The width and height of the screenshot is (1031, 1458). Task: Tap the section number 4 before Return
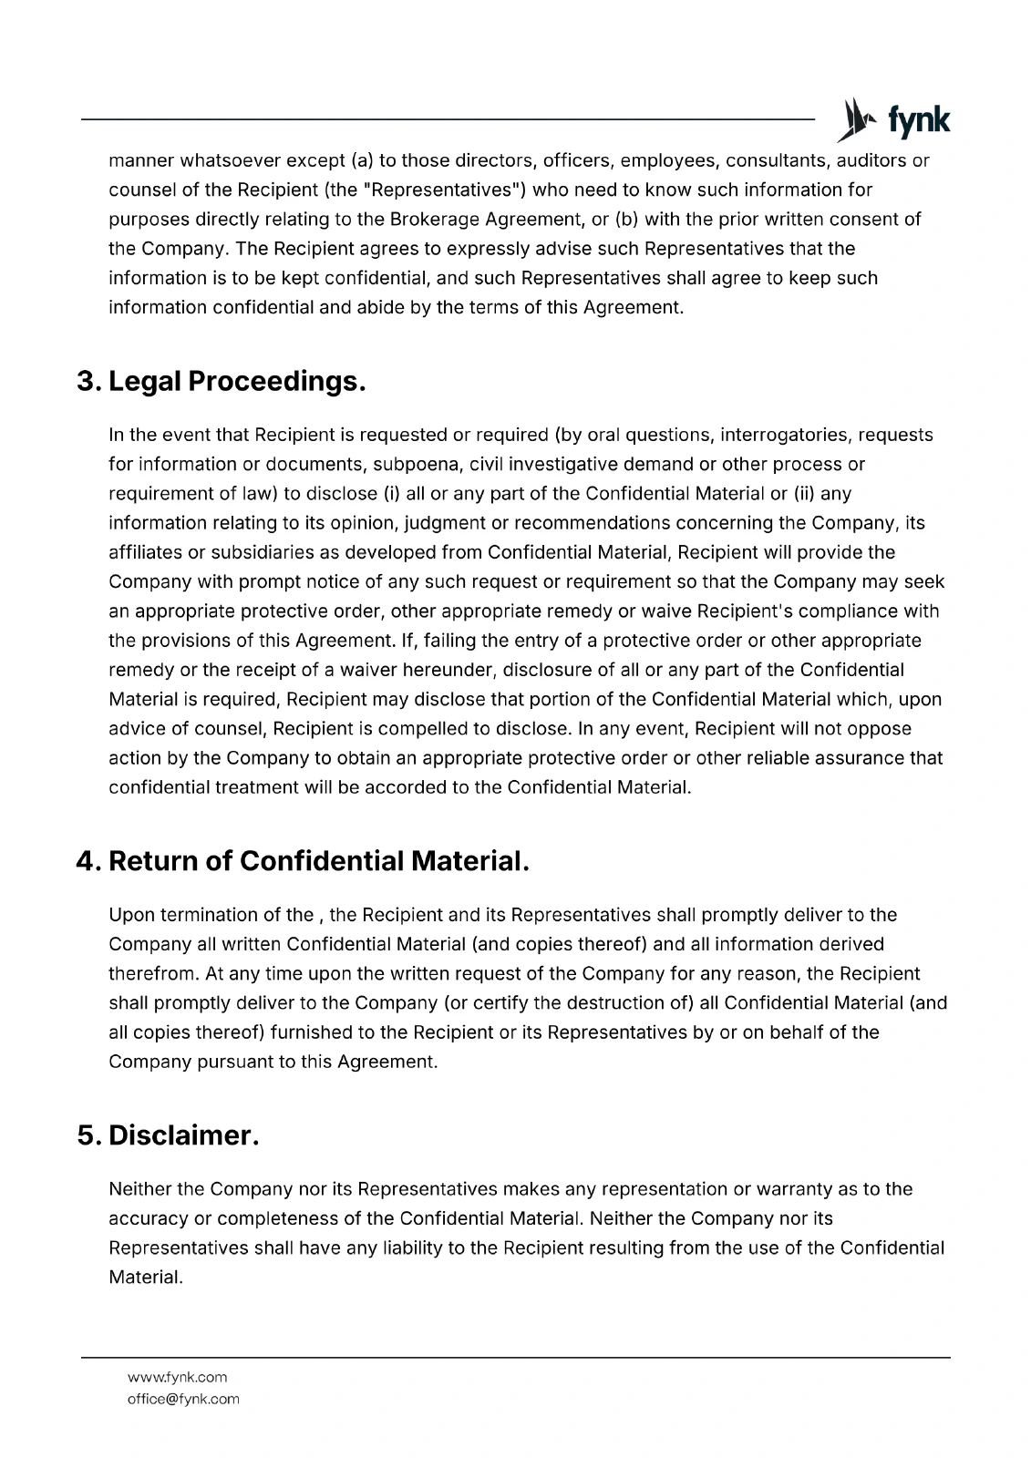(x=88, y=861)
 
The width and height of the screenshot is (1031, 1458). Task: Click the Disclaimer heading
(x=183, y=1135)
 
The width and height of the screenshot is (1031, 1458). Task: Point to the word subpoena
(x=418, y=465)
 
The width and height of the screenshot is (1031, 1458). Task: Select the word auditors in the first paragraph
(x=871, y=161)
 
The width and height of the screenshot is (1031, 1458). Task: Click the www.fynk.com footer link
(x=177, y=1377)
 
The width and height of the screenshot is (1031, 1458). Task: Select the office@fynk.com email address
(x=183, y=1399)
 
